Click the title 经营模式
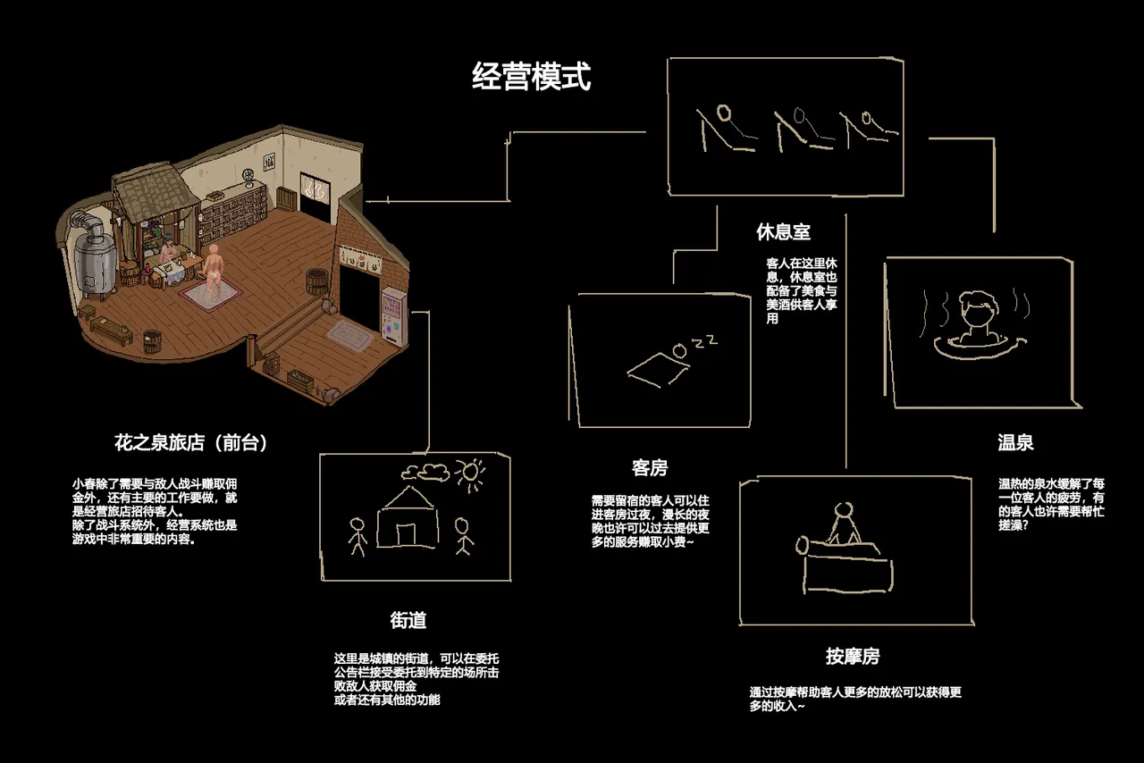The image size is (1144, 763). click(531, 77)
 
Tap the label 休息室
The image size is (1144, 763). click(784, 232)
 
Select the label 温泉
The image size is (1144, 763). click(1015, 442)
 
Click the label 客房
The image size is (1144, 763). click(650, 468)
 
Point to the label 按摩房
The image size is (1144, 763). click(853, 657)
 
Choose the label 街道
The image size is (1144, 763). click(408, 620)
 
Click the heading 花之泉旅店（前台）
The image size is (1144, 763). click(190, 442)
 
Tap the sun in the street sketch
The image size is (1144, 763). click(470, 474)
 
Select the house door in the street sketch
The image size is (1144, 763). click(406, 535)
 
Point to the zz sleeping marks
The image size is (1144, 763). click(705, 341)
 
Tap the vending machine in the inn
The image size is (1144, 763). click(394, 316)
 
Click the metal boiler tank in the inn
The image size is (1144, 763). click(96, 256)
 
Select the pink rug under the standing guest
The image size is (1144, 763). click(210, 296)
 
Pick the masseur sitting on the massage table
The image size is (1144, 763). click(845, 524)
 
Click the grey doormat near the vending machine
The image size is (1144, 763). click(351, 336)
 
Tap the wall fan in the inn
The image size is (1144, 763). click(248, 176)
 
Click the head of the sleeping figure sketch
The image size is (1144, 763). click(680, 351)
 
